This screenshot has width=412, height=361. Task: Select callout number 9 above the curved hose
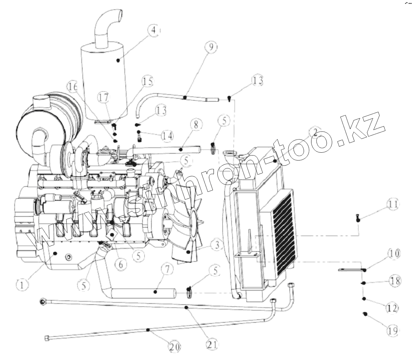pos(211,47)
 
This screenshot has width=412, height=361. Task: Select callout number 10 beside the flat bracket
pos(393,254)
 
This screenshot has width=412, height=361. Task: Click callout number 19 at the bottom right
pos(392,330)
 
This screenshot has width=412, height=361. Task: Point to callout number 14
pos(168,136)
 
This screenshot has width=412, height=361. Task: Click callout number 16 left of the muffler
pos(73,87)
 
